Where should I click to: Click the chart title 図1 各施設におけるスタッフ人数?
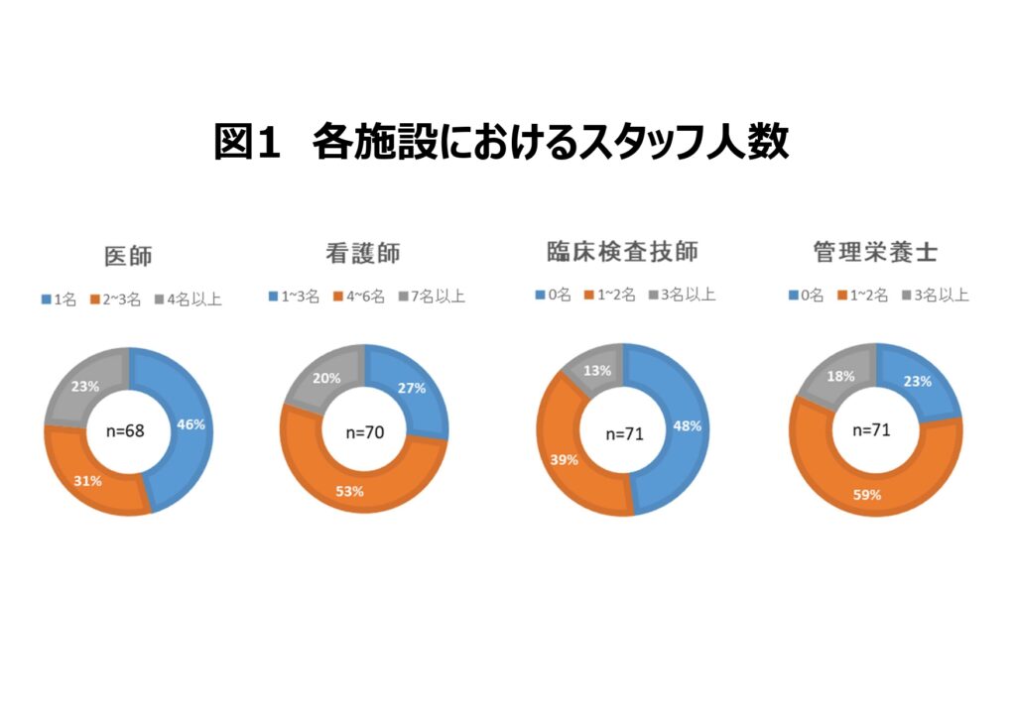point(501,142)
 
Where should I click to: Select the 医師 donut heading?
point(128,255)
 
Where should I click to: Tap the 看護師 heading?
point(362,253)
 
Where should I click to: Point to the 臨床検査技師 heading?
point(622,252)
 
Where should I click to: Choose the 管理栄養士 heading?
point(876,253)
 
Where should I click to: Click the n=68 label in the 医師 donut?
point(128,434)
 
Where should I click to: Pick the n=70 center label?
point(365,432)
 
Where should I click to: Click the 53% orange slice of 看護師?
point(349,490)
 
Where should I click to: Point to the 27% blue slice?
point(411,388)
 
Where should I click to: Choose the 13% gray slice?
point(596,371)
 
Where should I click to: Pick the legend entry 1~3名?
point(294,297)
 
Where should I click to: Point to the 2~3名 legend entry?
point(117,299)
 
